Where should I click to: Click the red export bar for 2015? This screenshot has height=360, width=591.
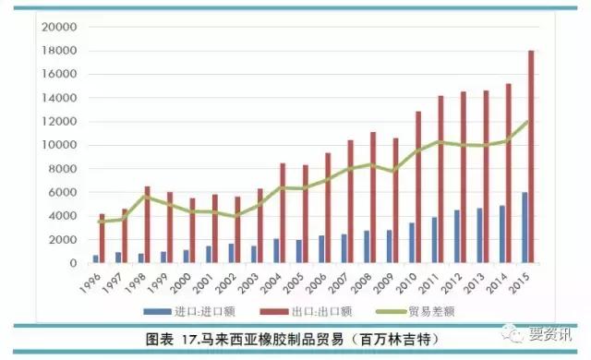[x=531, y=157]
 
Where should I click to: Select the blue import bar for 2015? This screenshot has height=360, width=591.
[x=525, y=228]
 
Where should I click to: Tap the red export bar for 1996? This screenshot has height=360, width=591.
[x=103, y=239]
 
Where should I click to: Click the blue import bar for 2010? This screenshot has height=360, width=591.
[x=411, y=243]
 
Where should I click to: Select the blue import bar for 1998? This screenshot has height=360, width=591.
[x=141, y=258]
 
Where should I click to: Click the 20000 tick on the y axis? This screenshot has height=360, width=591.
[x=57, y=27]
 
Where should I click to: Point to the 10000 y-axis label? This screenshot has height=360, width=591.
[x=57, y=145]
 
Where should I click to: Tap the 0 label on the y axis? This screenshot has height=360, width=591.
[x=72, y=263]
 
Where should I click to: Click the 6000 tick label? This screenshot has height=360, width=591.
[x=61, y=192]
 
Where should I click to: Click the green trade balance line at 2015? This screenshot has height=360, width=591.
[x=528, y=121]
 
